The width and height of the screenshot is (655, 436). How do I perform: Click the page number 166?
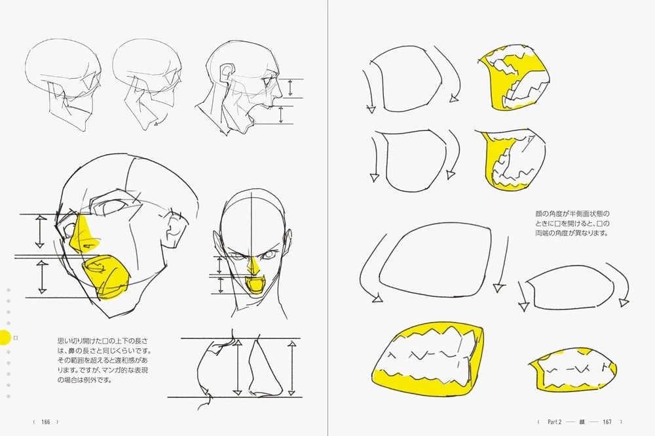[46, 422]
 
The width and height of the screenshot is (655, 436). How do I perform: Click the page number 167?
[607, 422]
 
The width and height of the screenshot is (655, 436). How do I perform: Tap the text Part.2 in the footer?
[554, 422]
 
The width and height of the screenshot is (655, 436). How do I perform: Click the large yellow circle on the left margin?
[5, 338]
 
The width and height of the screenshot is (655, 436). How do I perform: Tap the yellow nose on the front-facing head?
[253, 267]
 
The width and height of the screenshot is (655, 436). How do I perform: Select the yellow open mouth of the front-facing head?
[253, 287]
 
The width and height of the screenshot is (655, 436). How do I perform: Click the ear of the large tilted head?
[174, 229]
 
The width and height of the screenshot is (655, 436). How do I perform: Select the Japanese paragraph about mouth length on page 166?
[104, 361]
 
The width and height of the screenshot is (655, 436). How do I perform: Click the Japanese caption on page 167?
[572, 223]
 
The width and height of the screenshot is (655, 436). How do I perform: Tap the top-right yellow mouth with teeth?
[513, 80]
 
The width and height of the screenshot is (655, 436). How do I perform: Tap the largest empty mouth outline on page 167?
[434, 261]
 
